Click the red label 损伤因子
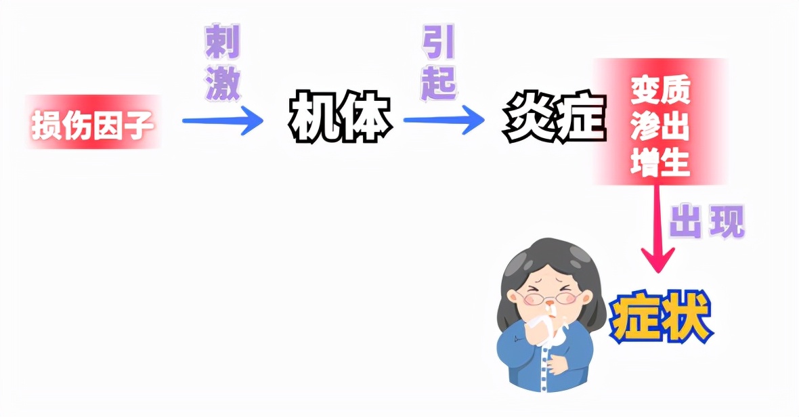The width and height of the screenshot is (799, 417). tap(93, 123)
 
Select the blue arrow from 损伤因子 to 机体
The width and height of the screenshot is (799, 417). tap(222, 122)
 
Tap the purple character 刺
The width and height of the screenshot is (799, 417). tap(222, 44)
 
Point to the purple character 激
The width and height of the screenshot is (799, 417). tap(222, 84)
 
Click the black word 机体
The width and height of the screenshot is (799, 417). tap(341, 120)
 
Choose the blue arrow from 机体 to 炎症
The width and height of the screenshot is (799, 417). tap(444, 121)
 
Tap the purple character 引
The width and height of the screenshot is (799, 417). tap(438, 43)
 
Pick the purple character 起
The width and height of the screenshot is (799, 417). tap(438, 83)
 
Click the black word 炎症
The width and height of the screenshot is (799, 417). tap(552, 120)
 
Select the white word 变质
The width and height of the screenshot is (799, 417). tap(660, 91)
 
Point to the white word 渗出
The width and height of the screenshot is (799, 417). tap(660, 127)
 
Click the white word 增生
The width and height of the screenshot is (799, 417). tap(660, 162)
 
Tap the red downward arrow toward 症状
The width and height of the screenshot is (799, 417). tap(657, 230)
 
